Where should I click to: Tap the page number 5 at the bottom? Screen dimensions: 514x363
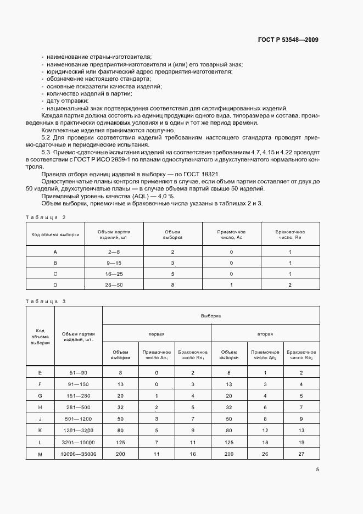(317, 470)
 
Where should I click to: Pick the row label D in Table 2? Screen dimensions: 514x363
(55, 284)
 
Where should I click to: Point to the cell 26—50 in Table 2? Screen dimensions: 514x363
(114, 284)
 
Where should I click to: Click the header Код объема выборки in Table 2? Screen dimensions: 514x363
(55, 234)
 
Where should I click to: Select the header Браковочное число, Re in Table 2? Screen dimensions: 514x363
(290, 234)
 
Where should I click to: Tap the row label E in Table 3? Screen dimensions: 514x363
(40, 373)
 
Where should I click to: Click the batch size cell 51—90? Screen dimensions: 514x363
(79, 373)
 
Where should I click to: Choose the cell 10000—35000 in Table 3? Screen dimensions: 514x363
(79, 454)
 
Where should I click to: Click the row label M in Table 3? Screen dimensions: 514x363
(40, 454)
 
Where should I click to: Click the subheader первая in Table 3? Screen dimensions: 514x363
(157, 333)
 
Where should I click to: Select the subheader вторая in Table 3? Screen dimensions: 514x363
(265, 333)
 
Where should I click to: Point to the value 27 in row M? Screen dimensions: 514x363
(301, 454)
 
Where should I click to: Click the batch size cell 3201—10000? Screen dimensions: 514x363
(79, 442)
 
